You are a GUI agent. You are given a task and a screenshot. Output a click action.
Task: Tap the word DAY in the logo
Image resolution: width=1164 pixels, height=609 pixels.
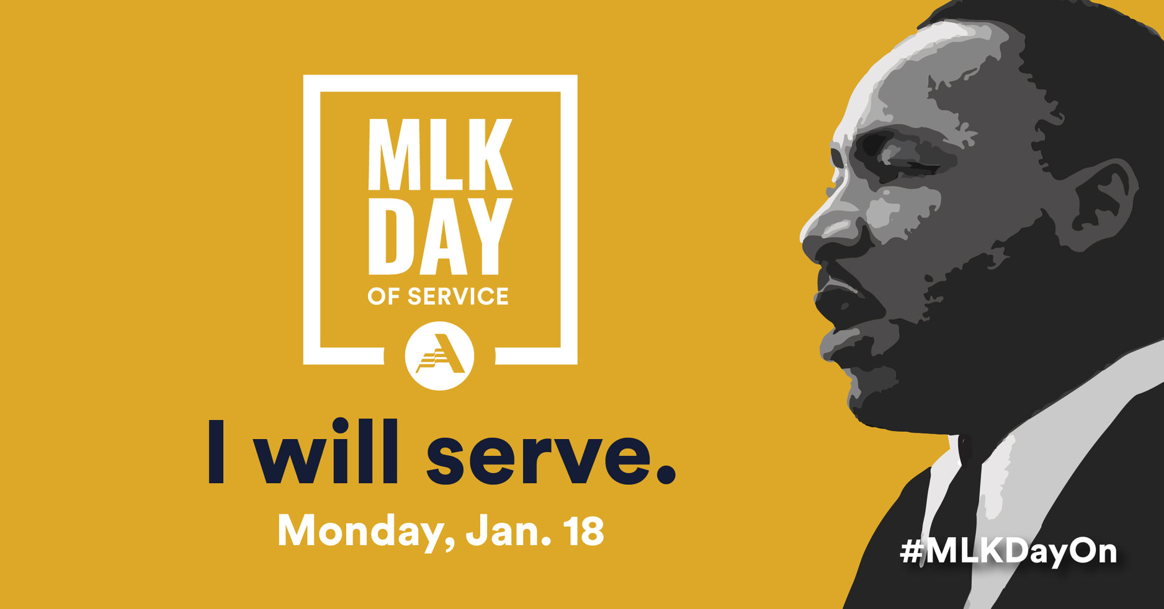click(441, 236)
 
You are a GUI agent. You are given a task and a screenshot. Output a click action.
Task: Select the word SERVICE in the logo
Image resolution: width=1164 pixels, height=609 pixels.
click(458, 296)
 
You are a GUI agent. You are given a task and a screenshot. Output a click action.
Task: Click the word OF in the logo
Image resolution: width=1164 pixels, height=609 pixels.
click(383, 296)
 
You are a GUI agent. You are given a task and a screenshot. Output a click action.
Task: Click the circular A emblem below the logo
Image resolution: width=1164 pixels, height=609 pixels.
click(439, 355)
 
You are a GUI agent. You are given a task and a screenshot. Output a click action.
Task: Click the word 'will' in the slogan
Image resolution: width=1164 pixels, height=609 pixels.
click(328, 450)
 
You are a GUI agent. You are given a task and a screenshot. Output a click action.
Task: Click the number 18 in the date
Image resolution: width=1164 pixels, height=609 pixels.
click(583, 531)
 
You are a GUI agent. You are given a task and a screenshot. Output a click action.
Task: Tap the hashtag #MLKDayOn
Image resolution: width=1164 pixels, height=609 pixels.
click(1008, 551)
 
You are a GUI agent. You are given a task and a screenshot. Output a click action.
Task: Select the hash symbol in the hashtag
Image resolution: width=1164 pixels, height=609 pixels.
click(911, 551)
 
